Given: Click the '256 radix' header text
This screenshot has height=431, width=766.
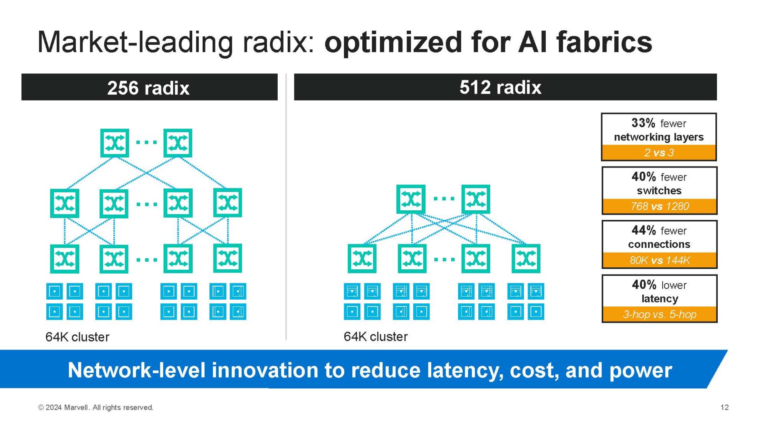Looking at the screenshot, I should coord(148,88).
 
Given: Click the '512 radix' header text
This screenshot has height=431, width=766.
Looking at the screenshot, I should coord(500,87).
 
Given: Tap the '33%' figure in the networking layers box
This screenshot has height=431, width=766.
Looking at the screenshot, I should coord(643,123).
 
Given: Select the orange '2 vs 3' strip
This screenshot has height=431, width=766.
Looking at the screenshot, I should coord(659,152).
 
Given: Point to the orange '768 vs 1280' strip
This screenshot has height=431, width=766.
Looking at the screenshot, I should coord(659,206).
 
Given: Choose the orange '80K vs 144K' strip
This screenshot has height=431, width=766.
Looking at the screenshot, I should coord(659,260).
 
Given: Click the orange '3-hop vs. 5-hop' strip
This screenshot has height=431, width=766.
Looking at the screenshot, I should coord(659,314).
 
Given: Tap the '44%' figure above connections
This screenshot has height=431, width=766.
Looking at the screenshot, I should coord(644,230).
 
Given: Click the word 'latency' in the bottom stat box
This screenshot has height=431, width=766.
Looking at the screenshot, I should coord(659,299).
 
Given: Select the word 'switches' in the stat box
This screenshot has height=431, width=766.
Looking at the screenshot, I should coord(659,191).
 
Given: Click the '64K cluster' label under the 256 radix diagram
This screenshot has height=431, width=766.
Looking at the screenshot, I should coord(77,337).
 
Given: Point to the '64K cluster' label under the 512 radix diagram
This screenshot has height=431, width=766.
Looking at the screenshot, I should coord(375,337).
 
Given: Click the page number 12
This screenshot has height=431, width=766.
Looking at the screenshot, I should coord(725,407).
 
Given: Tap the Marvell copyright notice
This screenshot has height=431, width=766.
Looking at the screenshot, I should coord(96,407).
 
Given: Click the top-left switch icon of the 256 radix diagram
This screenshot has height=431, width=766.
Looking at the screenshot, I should coord(115,143).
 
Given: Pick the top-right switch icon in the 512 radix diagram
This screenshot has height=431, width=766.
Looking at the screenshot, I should coord(476,199).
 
